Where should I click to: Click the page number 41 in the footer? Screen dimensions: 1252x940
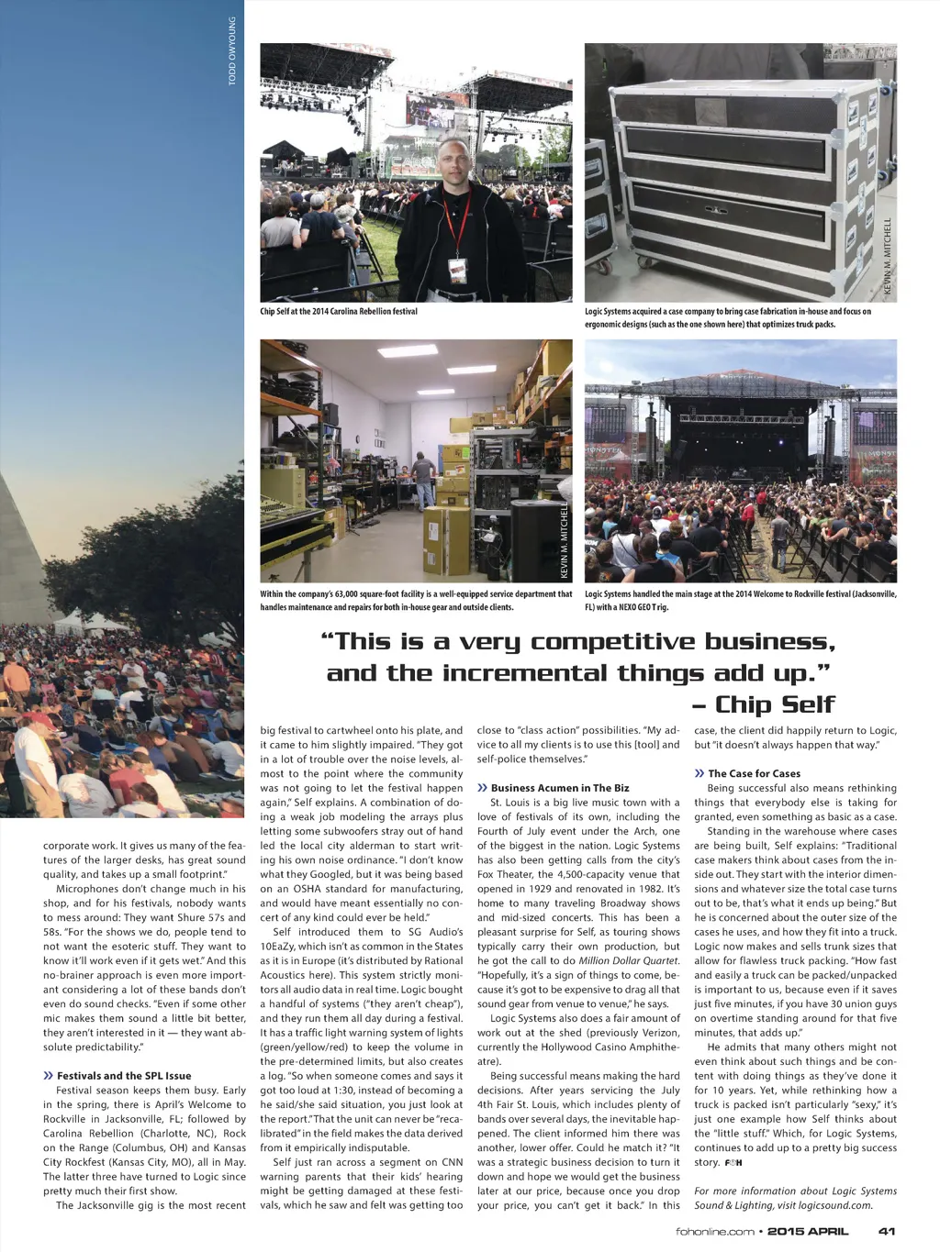[x=886, y=1231]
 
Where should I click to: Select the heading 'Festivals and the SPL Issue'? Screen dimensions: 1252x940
[x=124, y=1075]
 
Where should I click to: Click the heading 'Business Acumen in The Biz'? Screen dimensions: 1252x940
[x=560, y=788]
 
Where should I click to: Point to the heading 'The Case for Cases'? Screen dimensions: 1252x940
[x=754, y=773]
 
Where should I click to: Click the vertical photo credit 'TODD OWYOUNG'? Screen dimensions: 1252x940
[x=233, y=51]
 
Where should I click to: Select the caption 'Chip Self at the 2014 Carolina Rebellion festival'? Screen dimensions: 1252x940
[x=339, y=312]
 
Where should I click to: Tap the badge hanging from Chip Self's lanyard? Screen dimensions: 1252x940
[x=456, y=270]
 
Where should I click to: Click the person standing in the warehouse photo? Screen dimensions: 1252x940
[x=421, y=481]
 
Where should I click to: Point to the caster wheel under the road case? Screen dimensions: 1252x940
[x=605, y=271]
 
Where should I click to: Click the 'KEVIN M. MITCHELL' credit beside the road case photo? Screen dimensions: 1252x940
[x=888, y=256]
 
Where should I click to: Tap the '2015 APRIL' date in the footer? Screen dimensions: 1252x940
[x=808, y=1231]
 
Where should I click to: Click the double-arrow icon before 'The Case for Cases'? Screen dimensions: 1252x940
[x=699, y=773]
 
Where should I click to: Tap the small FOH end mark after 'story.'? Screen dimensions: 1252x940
[x=733, y=1162]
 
